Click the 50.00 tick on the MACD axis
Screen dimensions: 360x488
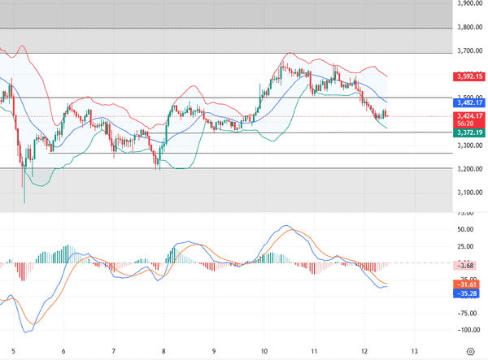[x=466, y=230]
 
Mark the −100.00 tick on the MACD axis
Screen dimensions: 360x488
[x=465, y=330]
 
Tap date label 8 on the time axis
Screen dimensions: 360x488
[x=163, y=351]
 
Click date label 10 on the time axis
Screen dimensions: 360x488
[x=264, y=351]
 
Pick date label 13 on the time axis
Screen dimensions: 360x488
[x=415, y=351]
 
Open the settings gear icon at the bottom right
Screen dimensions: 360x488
[x=470, y=351]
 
